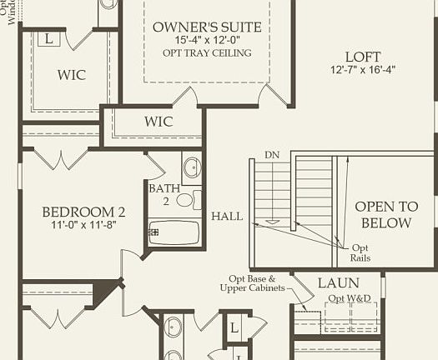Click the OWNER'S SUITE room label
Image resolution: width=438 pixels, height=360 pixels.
tap(207, 27)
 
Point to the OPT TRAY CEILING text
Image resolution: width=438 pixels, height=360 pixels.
tap(207, 53)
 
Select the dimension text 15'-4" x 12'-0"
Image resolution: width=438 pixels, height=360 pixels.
tap(207, 41)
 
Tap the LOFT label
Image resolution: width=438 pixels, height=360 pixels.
tap(363, 57)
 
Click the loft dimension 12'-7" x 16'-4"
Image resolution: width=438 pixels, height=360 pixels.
tap(363, 71)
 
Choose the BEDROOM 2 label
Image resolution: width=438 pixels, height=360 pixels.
tap(83, 212)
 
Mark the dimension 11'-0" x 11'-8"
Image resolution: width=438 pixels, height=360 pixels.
tap(83, 225)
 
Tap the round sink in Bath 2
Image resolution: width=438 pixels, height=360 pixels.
tap(191, 167)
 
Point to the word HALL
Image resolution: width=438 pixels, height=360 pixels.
tap(227, 216)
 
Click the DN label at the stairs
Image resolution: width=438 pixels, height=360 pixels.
tap(272, 155)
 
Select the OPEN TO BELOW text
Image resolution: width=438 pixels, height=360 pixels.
tap(383, 214)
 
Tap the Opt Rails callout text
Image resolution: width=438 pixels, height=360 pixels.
tap(360, 252)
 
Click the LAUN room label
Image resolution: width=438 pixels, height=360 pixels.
tap(338, 283)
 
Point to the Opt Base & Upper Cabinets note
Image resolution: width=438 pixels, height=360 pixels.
tap(253, 283)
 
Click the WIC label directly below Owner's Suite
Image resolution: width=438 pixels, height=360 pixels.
tap(158, 122)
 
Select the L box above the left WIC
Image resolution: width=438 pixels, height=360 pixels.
tap(48, 38)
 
